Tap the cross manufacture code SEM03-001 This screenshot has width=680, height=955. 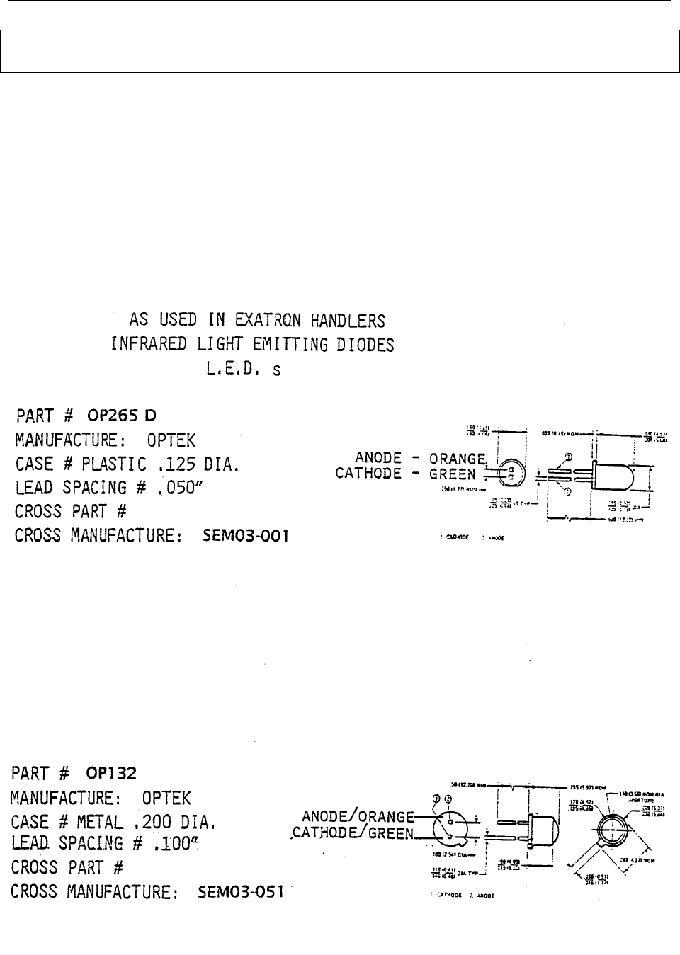tap(246, 537)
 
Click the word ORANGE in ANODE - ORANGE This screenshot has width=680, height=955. tap(457, 458)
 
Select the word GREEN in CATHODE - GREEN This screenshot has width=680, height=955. tap(453, 474)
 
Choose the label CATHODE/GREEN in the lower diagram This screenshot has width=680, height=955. tap(352, 833)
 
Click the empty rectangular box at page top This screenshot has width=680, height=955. tap(339, 51)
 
